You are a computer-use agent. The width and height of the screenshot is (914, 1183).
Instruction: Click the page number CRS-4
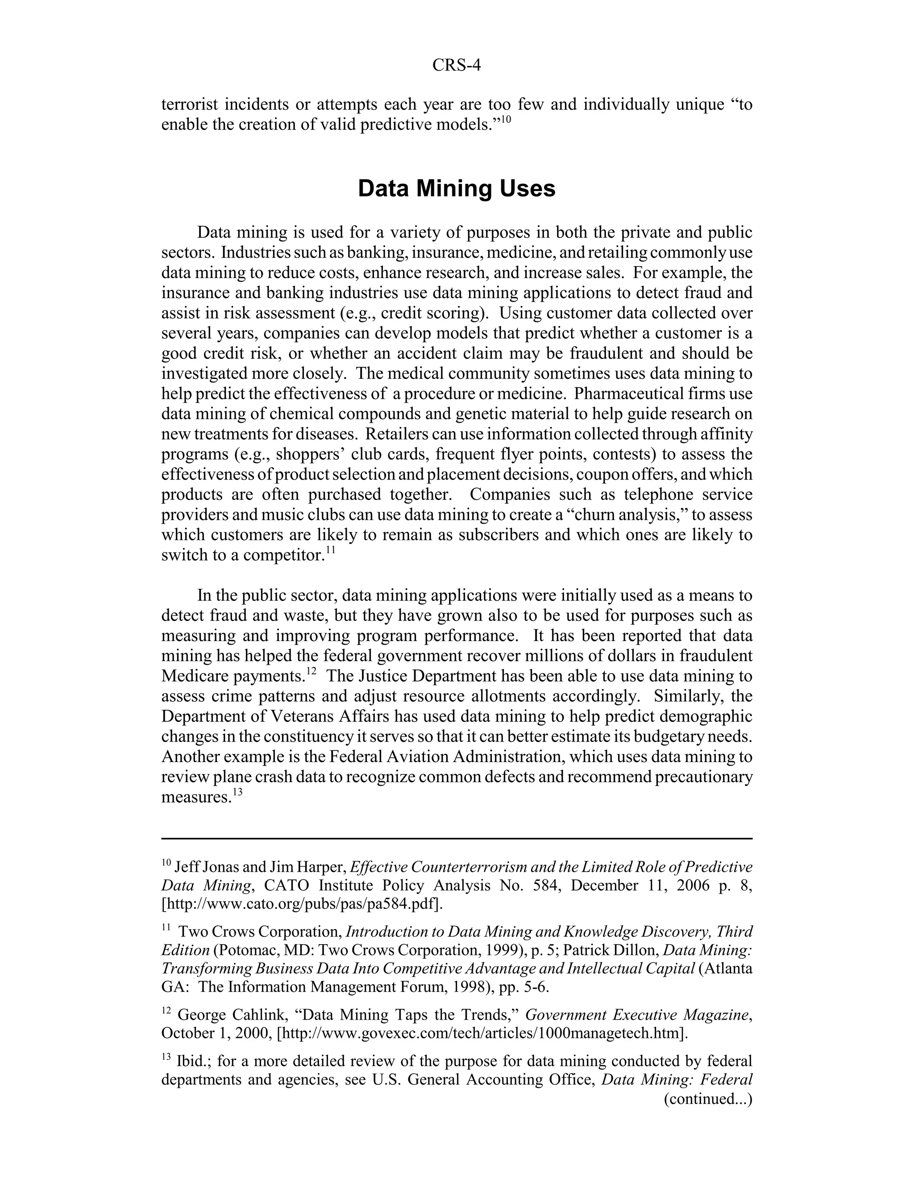click(457, 66)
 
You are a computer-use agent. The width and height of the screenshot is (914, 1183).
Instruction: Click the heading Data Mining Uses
click(457, 188)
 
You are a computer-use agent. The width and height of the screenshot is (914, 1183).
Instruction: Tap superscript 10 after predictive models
click(505, 119)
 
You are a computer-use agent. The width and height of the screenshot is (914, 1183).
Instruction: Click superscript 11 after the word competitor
click(330, 550)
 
